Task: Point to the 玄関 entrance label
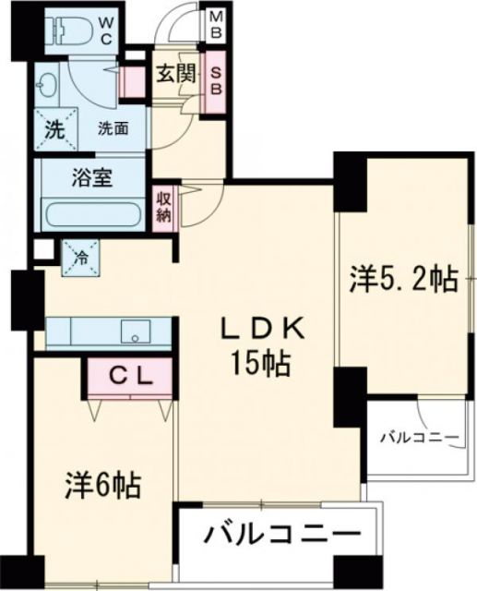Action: click(174, 75)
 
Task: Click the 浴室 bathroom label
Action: click(92, 177)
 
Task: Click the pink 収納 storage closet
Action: click(164, 206)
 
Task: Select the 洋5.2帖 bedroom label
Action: click(404, 280)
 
